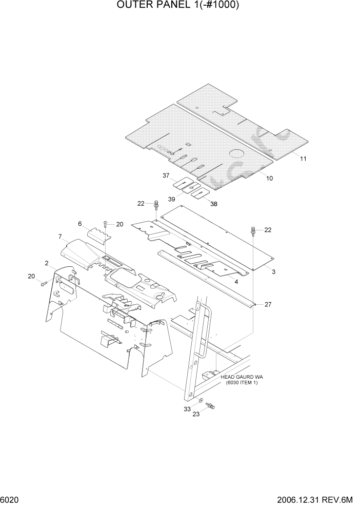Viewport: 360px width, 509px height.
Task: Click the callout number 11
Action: point(303,159)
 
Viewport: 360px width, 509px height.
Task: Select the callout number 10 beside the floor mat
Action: point(269,178)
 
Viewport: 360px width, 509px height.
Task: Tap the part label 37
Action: point(166,176)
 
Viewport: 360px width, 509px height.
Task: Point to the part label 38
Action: point(213,204)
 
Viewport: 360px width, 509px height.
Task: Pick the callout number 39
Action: point(171,199)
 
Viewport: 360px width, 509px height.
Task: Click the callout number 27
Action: point(268,304)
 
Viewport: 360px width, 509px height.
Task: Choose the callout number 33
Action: point(188,409)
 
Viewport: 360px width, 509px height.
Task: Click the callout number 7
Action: point(60,237)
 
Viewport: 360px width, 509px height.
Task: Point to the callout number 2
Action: point(47,263)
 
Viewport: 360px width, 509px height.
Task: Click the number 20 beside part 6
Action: point(119,224)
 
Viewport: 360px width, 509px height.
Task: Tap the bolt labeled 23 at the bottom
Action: point(210,406)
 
